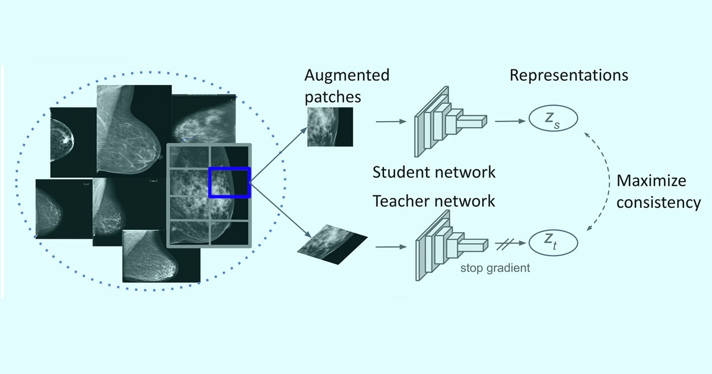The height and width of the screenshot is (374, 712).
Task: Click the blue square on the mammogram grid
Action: coord(230,182)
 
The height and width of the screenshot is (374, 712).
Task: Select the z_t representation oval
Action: coord(553,243)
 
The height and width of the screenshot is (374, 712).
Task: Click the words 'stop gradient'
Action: coord(495,268)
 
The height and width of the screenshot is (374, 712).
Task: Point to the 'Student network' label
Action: coord(434,173)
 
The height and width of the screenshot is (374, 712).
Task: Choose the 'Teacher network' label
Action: coord(434,201)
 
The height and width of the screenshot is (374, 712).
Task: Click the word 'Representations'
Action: coord(568,76)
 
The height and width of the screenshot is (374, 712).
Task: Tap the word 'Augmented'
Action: coord(347,75)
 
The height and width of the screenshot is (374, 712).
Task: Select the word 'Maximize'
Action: coord(651,180)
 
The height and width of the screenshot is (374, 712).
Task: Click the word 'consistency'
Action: coord(659,202)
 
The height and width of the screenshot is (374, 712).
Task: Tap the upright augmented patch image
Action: coord(330,126)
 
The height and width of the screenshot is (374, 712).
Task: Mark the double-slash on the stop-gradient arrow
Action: coord(508,243)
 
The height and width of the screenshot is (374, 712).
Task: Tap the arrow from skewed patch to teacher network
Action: coord(392,243)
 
